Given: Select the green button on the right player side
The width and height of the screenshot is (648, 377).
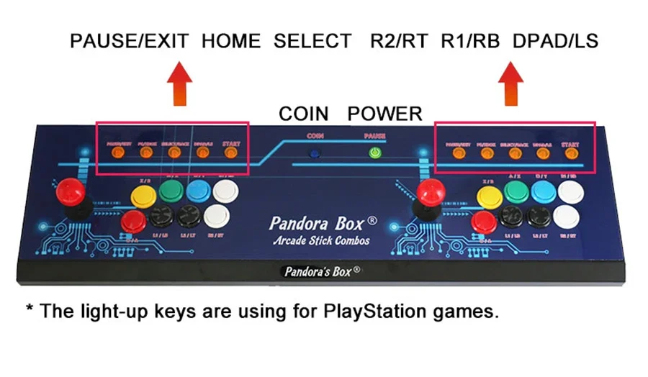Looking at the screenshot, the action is (x=514, y=191).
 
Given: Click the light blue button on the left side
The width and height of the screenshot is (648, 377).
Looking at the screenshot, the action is (x=198, y=191).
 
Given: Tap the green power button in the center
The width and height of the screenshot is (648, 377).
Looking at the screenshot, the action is (x=374, y=153).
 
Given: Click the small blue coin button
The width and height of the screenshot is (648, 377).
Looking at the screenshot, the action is (x=315, y=153).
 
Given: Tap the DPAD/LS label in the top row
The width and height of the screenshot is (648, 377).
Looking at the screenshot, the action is (x=555, y=40).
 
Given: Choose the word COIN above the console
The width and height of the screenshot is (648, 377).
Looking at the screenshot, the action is (x=303, y=113).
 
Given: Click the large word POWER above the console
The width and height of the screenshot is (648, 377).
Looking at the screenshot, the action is (x=384, y=113).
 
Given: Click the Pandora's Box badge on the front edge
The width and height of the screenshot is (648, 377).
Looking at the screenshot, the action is (x=322, y=272).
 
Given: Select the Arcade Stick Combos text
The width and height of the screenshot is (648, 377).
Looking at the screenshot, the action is (x=321, y=240).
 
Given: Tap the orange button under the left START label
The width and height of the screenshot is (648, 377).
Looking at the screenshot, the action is (x=230, y=152).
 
